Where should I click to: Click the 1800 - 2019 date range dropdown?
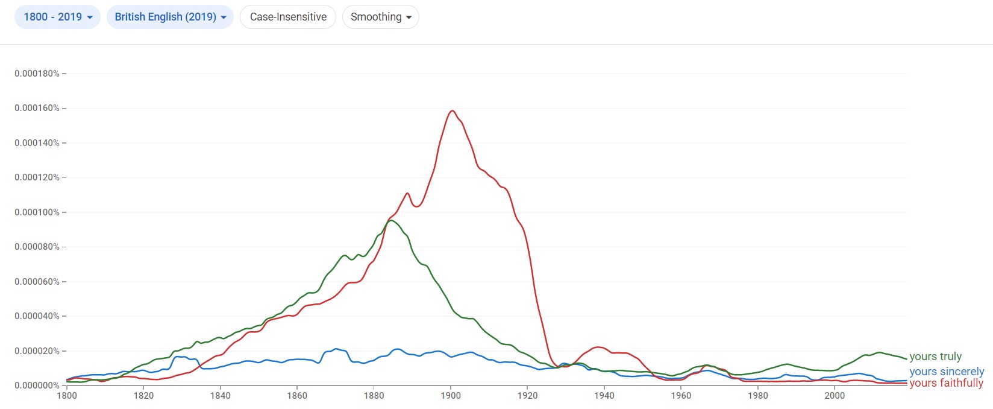click(57, 17)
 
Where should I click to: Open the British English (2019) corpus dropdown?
click(170, 17)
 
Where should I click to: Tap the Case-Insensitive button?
click(288, 17)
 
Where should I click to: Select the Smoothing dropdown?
click(380, 17)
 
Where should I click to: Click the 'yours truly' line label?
click(935, 357)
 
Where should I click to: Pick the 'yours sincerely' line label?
click(947, 372)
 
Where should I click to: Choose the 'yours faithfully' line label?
click(946, 383)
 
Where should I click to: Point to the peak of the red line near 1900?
click(451, 111)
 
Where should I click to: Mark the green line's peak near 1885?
click(390, 221)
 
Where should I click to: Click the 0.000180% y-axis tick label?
click(37, 74)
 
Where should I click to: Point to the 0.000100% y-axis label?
click(37, 212)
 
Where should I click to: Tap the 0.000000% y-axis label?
click(37, 385)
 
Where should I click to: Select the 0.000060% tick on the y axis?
click(37, 282)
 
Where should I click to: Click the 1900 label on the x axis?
click(451, 396)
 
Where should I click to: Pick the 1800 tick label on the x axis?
click(67, 396)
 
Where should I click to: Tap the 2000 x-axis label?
click(835, 396)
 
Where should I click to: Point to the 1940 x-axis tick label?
click(604, 396)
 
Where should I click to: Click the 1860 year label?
click(297, 396)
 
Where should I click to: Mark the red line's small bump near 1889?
click(408, 194)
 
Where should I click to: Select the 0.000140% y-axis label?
click(37, 143)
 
